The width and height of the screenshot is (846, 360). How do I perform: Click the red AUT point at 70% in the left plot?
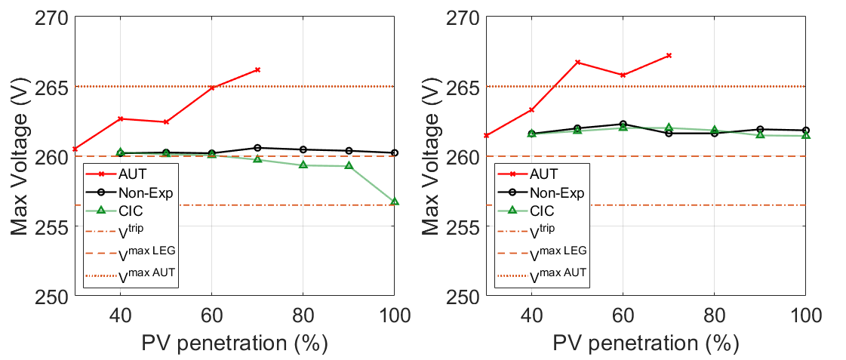tap(257, 69)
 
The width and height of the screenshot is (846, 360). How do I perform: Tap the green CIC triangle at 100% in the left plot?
tap(394, 202)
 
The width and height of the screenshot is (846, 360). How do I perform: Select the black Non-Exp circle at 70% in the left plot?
tap(257, 148)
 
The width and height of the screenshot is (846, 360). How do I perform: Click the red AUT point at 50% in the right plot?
tap(577, 62)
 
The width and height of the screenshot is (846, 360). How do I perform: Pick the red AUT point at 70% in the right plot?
tap(669, 55)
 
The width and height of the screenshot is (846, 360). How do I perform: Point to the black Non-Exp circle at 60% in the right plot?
tap(623, 124)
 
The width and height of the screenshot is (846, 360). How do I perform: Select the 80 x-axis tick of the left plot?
tap(303, 315)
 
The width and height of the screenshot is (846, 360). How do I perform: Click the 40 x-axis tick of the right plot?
tap(531, 315)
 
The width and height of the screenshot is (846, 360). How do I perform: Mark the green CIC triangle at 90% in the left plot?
tap(349, 165)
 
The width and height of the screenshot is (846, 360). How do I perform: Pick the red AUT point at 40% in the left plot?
tap(120, 118)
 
